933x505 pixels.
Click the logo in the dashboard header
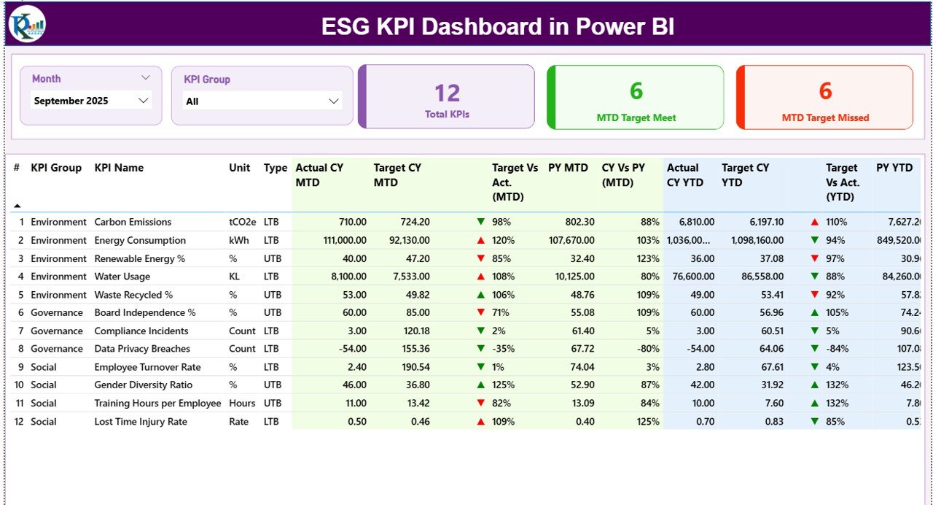[28, 24]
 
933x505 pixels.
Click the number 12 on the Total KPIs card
[447, 93]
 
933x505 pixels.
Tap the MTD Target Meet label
[636, 117]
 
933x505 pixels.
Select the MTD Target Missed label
[825, 117]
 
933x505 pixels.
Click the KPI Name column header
[119, 168]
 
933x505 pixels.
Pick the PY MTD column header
[568, 168]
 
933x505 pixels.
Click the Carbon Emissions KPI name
[133, 222]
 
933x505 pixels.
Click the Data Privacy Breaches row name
[142, 349]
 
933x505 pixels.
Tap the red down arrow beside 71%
[480, 313]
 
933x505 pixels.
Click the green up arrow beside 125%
[480, 385]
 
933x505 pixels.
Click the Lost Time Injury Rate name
[141, 422]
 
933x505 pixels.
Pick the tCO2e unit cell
[242, 222]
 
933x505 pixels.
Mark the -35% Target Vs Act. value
[503, 349]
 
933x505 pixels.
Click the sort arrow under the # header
[17, 206]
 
